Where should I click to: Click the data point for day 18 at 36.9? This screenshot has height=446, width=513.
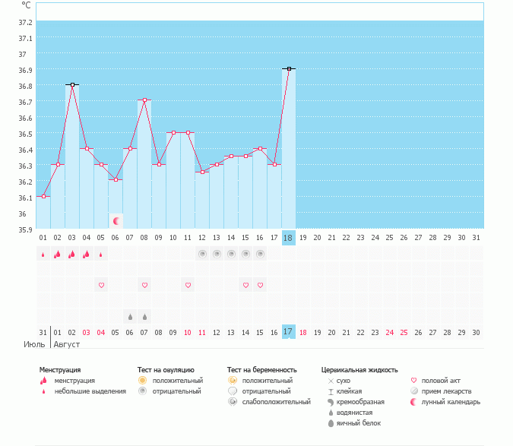289,68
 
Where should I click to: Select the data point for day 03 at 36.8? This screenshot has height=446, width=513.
72,84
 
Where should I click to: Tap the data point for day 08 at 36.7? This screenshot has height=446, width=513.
144,100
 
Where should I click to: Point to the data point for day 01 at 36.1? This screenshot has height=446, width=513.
43,196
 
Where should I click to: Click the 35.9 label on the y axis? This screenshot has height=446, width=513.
25,229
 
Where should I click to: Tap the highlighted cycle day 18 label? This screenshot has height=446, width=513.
288,238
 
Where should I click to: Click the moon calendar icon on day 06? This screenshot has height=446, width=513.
116,221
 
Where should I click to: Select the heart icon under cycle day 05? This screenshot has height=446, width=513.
101,285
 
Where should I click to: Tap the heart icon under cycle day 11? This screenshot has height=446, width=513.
187,285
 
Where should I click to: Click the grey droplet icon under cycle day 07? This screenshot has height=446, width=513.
130,316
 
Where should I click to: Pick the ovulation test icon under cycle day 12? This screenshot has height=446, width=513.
202,254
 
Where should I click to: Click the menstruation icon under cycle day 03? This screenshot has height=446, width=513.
72,254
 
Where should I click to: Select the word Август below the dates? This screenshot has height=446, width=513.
66,344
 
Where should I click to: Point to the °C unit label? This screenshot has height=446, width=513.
26,4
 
